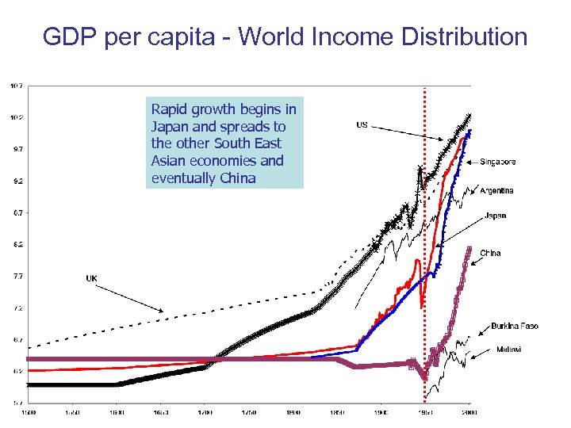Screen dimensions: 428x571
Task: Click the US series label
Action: tap(362, 124)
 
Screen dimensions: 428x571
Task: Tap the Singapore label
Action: tap(497, 162)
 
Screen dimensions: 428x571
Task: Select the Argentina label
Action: tap(496, 190)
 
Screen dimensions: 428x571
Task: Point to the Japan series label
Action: tap(496, 216)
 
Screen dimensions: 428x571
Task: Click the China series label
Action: tap(490, 253)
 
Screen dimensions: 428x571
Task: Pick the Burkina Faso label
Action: tap(515, 326)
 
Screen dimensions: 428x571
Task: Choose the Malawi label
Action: tap(508, 349)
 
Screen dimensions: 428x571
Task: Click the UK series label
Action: tap(91, 278)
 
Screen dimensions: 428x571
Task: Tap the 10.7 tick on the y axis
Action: tap(16, 85)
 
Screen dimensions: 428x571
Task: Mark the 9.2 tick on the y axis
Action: tap(16, 181)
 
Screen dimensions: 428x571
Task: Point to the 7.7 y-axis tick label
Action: tap(16, 276)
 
